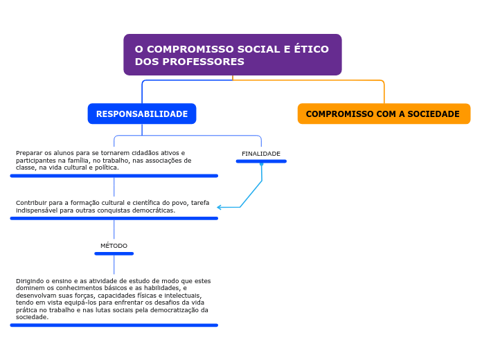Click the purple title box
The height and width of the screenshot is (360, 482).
(233, 55)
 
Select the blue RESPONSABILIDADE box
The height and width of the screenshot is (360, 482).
(142, 114)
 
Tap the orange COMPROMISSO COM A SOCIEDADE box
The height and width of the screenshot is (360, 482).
(384, 114)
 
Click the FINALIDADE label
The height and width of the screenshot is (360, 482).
(261, 154)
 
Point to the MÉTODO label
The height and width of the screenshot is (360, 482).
(114, 246)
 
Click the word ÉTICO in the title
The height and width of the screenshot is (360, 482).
(312, 49)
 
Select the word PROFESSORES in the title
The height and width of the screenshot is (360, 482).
(203, 62)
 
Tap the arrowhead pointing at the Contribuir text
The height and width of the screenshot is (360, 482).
(219, 208)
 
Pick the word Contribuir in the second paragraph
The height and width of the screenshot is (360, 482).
(31, 203)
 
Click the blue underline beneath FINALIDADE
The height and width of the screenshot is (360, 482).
(261, 161)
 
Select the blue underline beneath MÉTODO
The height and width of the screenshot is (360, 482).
(114, 253)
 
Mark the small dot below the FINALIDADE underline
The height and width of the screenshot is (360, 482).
(262, 165)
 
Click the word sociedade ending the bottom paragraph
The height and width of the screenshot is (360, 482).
(32, 317)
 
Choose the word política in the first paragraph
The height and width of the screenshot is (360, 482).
(107, 168)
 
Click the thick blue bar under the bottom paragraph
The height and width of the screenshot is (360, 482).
(114, 325)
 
